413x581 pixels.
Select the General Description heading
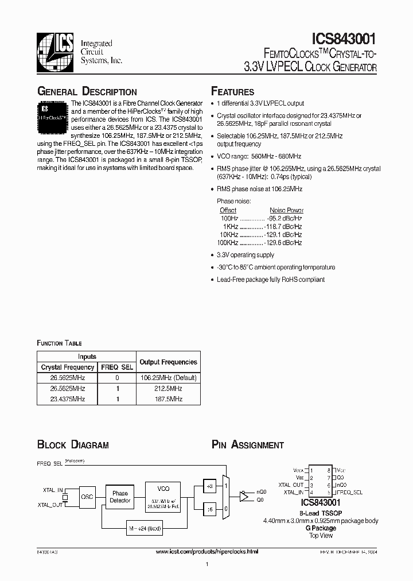[x=87, y=92]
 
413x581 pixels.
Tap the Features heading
[x=233, y=92]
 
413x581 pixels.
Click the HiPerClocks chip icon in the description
[x=53, y=113]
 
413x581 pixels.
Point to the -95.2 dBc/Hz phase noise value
[x=285, y=218]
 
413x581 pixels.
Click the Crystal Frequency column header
[x=68, y=367]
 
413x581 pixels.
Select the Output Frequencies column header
[x=168, y=362]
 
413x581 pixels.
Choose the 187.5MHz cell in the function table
[x=168, y=398]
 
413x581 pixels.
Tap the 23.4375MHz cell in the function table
[x=68, y=398]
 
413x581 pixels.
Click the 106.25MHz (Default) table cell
[x=168, y=378]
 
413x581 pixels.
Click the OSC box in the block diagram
[x=87, y=497]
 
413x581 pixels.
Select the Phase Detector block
[x=120, y=497]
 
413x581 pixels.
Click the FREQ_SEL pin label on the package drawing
[x=349, y=492]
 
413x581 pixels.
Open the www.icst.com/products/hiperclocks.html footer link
[x=207, y=551]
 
